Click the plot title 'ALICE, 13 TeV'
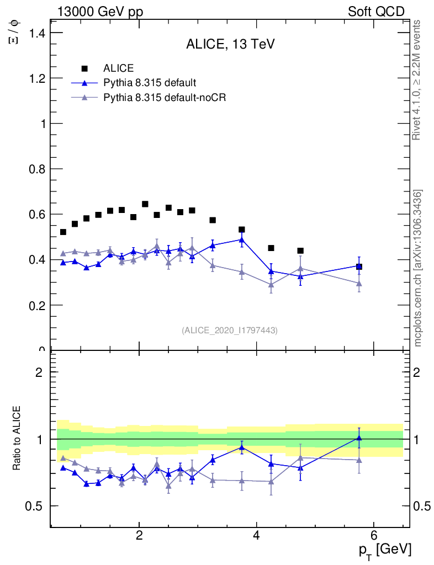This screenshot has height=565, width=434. click(x=230, y=45)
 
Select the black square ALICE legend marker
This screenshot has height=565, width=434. click(x=84, y=68)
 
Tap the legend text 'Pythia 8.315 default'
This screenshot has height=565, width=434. click(x=150, y=83)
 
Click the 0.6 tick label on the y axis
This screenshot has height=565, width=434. click(x=36, y=214)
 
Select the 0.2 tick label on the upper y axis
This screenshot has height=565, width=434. click(x=36, y=305)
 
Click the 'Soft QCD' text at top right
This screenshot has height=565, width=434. click(x=376, y=12)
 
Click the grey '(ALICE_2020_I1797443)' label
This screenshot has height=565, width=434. click(x=230, y=330)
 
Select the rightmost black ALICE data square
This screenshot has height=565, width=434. click(x=359, y=266)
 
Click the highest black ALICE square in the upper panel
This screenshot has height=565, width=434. click(x=145, y=204)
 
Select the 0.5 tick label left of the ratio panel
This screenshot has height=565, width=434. click(x=36, y=506)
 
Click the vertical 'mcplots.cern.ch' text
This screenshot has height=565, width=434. click(x=418, y=268)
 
